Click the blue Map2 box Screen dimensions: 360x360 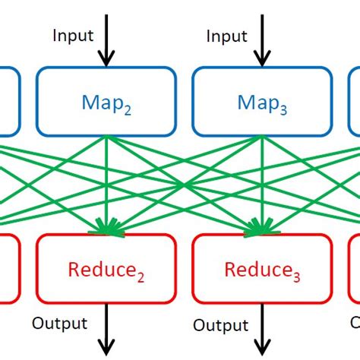click(x=106, y=102)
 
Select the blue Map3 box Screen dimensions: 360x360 click(x=262, y=102)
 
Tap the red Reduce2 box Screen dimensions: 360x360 click(x=106, y=269)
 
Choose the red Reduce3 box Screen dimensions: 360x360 click(x=262, y=269)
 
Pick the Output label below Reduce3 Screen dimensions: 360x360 click(x=220, y=325)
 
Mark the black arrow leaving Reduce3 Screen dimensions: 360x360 click(x=262, y=330)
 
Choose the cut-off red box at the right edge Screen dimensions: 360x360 click(x=354, y=269)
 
